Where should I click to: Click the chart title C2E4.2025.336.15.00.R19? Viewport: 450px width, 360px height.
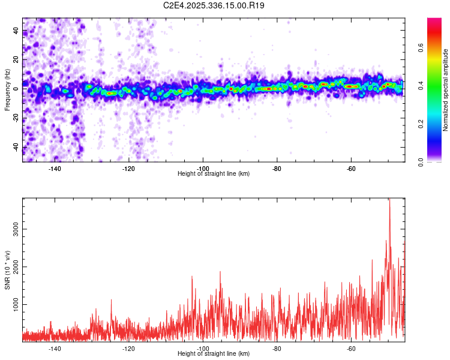[214, 5]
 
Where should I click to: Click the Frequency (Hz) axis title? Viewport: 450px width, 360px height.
[7, 90]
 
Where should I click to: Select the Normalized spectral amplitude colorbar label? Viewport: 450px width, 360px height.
[446, 90]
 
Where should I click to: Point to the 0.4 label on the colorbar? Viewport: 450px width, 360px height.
[421, 85]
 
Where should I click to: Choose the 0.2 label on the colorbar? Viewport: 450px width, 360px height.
[421, 124]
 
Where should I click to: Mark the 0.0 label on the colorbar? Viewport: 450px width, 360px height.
[421, 161]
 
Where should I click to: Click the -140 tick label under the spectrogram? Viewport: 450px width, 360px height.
[55, 169]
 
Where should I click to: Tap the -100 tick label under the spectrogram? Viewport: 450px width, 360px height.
[203, 169]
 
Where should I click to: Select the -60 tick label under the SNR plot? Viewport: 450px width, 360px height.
[351, 349]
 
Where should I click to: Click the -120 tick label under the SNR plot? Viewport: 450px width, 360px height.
[129, 349]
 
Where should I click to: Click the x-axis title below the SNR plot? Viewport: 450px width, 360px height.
[214, 354]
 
